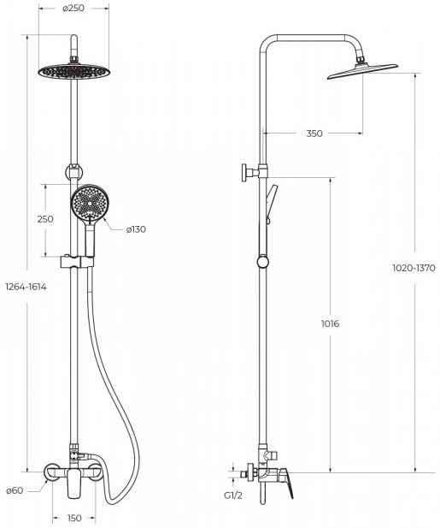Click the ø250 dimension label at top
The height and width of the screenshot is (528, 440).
click(73, 8)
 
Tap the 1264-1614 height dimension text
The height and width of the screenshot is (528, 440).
click(26, 287)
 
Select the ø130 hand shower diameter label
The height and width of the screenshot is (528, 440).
click(136, 229)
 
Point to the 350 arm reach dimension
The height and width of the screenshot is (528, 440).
click(314, 133)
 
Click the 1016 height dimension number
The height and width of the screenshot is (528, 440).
click(330, 323)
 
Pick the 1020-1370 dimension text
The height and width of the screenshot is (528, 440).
click(414, 268)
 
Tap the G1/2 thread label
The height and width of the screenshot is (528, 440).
click(233, 495)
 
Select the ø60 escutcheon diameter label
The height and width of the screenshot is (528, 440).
click(15, 490)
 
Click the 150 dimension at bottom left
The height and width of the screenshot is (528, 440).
click(74, 518)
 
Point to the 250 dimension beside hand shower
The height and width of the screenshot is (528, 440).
click(45, 219)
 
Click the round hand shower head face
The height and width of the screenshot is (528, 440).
click(90, 203)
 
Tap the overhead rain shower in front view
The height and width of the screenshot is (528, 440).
click(74, 71)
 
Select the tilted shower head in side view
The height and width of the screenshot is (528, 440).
click(362, 71)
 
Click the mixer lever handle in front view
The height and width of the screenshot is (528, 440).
click(74, 483)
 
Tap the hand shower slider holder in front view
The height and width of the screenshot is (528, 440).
click(77, 262)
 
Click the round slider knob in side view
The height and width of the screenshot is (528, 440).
click(262, 262)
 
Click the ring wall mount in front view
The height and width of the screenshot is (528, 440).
click(73, 171)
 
